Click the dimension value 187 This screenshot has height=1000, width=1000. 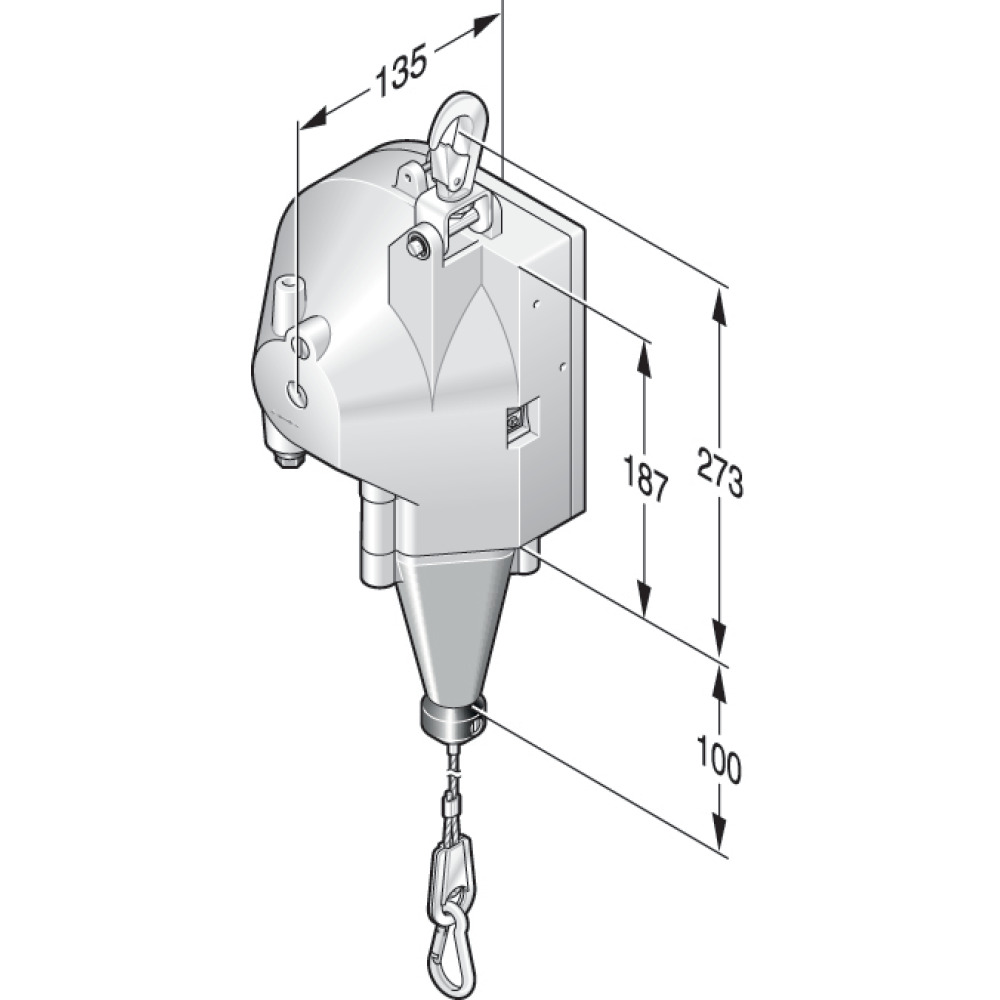pos(645,476)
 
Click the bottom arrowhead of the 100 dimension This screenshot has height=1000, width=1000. pos(720,840)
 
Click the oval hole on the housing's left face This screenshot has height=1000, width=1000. pos(296,393)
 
